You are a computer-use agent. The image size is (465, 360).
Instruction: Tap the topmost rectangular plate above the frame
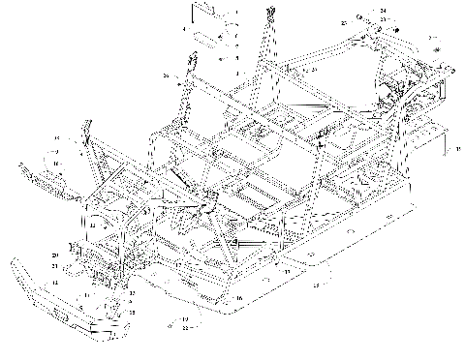(205, 15)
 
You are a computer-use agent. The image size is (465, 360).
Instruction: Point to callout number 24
(383, 11)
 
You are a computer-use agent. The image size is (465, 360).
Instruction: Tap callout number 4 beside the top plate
(183, 30)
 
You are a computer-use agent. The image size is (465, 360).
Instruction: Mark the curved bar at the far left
(39, 178)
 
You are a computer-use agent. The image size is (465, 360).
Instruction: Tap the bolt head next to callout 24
(361, 16)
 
